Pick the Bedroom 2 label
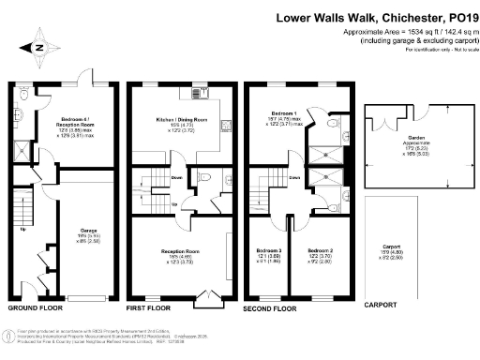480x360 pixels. click(x=322, y=251)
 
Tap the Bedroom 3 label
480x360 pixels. click(x=269, y=251)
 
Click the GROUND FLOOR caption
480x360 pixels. click(x=35, y=307)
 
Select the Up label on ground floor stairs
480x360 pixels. click(x=22, y=227)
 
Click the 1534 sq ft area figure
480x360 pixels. click(x=396, y=31)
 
